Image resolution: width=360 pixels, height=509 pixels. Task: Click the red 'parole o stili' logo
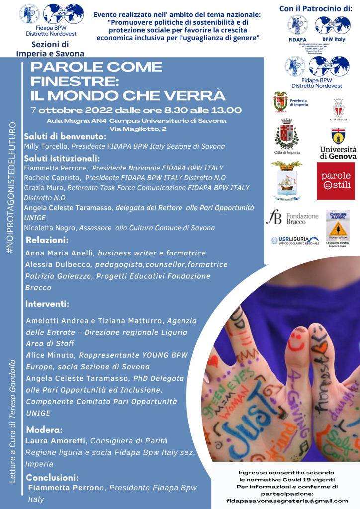(336, 181)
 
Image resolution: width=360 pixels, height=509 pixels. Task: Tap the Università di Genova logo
(338, 144)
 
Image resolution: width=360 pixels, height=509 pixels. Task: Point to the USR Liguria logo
(295, 240)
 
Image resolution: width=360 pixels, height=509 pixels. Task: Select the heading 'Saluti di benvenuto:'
(65, 136)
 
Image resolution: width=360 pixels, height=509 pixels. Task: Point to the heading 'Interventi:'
(48, 303)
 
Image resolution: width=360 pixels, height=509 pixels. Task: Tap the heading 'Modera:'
(44, 429)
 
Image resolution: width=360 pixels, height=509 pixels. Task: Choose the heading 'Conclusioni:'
(52, 477)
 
